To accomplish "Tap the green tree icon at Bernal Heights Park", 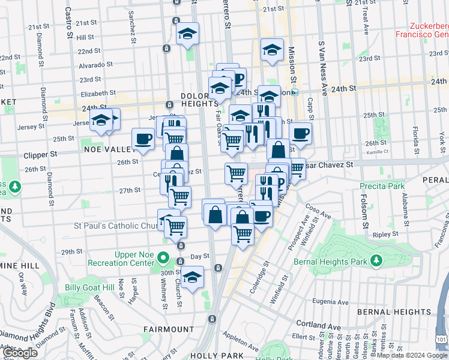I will click(376, 261).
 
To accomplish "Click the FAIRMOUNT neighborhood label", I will click(169, 329).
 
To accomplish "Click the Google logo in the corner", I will click(21, 353).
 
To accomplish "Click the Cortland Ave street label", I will click(328, 324).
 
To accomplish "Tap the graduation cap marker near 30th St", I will click(193, 278).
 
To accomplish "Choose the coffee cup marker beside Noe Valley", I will click(143, 139).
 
